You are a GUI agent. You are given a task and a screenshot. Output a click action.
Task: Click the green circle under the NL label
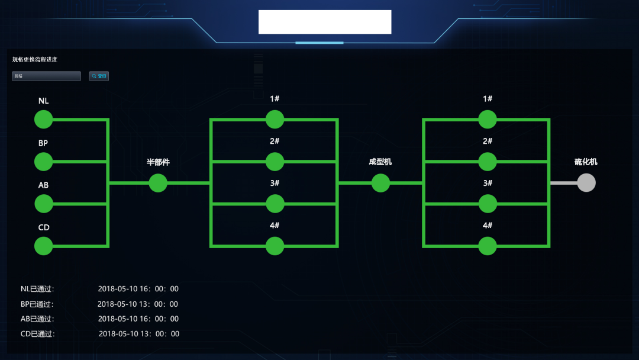(x=43, y=120)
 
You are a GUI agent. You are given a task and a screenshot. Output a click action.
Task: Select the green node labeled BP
(x=43, y=162)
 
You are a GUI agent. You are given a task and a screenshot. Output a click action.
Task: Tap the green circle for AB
(x=43, y=204)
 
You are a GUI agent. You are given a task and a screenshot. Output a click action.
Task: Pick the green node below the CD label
(x=43, y=246)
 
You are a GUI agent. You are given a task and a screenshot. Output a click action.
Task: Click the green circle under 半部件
(x=158, y=183)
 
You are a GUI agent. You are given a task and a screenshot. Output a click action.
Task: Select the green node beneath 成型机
(x=380, y=183)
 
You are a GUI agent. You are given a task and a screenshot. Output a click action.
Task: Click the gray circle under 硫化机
(x=586, y=183)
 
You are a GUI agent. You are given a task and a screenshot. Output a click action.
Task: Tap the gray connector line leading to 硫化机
(x=563, y=183)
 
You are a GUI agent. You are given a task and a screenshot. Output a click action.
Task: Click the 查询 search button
(x=99, y=76)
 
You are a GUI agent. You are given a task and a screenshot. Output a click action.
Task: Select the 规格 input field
(x=46, y=76)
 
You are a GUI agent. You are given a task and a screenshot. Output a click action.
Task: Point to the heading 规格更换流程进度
(x=35, y=59)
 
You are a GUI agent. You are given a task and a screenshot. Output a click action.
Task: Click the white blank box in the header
(x=325, y=22)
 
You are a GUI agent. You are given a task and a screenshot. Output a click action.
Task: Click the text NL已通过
(x=37, y=289)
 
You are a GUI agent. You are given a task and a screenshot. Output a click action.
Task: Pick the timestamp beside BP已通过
(x=137, y=304)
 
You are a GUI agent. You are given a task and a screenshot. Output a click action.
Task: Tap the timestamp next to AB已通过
(x=138, y=319)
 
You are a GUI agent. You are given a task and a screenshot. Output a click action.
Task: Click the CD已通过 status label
(x=37, y=334)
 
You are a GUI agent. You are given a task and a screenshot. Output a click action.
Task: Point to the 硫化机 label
(x=586, y=162)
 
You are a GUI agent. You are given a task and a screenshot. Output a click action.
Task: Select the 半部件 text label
(x=158, y=162)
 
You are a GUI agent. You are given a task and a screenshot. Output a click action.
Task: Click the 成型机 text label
(x=380, y=162)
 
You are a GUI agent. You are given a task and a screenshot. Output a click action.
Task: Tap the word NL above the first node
(x=43, y=101)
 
